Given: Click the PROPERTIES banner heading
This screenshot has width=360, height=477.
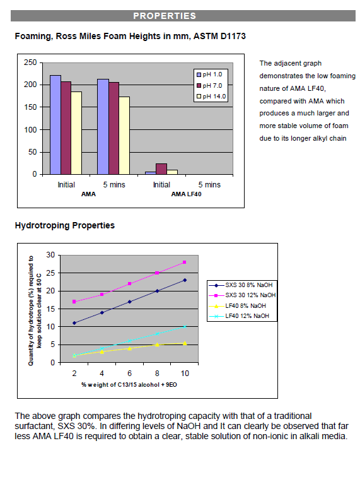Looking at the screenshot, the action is click(165, 16).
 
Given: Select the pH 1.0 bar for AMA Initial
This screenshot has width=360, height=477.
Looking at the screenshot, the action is click(55, 125).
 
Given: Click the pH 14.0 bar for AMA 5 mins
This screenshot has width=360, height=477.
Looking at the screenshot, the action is click(124, 136).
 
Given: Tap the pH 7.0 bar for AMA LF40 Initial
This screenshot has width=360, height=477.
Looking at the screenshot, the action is click(161, 169).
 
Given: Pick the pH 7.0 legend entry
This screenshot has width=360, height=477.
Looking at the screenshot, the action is click(209, 85).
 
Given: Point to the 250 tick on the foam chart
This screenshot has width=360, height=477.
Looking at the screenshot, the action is click(30, 62).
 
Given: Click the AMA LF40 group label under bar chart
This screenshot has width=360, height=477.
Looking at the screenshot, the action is click(186, 194).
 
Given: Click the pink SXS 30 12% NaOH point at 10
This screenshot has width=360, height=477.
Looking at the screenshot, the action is click(185, 262).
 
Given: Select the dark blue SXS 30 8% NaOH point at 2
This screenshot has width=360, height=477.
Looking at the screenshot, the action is click(74, 323).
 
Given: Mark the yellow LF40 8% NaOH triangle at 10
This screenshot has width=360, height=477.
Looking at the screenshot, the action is click(185, 343).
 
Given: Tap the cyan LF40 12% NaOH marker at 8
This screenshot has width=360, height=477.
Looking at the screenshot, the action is click(157, 334).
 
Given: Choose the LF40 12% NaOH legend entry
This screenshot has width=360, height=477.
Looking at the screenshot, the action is click(239, 316).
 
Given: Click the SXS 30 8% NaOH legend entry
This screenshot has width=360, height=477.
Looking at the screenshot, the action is click(241, 285).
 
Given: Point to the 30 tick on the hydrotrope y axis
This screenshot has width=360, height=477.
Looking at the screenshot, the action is click(50, 255).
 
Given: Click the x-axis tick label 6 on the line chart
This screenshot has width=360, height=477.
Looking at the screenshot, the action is click(129, 374).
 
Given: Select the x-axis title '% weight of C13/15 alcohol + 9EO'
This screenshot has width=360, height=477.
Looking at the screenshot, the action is click(129, 385).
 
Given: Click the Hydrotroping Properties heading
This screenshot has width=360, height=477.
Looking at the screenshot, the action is click(65, 225).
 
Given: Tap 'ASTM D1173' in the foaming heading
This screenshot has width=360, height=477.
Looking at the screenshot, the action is click(219, 36).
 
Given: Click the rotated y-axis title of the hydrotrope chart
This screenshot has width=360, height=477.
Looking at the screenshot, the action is click(35, 310).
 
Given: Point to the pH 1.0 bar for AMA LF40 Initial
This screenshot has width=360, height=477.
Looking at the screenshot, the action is click(151, 173).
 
